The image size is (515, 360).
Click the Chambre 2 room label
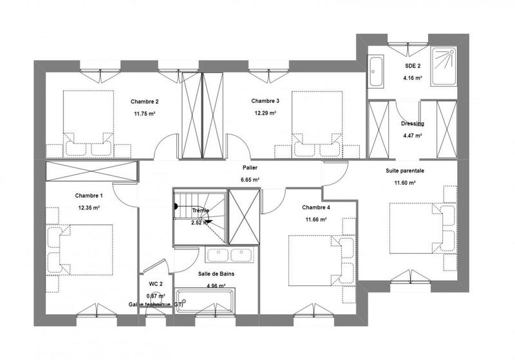tap(144, 101)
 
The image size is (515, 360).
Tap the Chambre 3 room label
tap(265, 100)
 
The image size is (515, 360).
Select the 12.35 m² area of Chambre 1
tap(88, 207)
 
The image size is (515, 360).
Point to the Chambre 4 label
tap(316, 207)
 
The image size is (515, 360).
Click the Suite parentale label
tap(405, 171)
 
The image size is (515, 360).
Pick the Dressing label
tap(411, 124)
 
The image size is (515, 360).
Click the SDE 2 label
tap(412, 66)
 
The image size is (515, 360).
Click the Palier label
tap(250, 167)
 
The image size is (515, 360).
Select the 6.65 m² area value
tap(250, 180)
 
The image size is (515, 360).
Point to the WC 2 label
tap(156, 283)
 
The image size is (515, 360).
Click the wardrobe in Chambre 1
tap(91, 172)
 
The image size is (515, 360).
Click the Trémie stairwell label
tap(200, 209)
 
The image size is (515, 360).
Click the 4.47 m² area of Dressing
tap(411, 136)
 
